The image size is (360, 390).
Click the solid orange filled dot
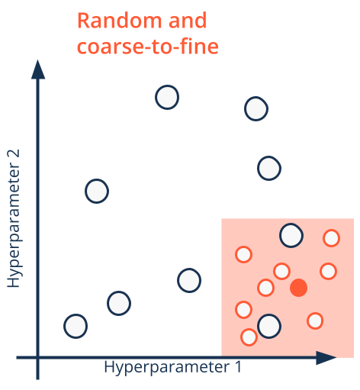pyautogui.click(x=299, y=288)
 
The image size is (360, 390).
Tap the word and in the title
pyautogui.click(x=188, y=21)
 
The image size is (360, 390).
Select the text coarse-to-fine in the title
pyautogui.click(x=148, y=47)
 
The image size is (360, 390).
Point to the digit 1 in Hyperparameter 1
pyautogui.click(x=238, y=367)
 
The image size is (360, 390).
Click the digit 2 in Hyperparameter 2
pyautogui.click(x=13, y=155)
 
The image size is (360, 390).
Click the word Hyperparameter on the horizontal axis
pyautogui.click(x=167, y=367)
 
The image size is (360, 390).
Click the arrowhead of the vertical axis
pyautogui.click(x=38, y=69)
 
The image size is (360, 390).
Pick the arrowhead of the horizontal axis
pyautogui.click(x=326, y=357)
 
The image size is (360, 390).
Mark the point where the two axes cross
pyautogui.click(x=38, y=357)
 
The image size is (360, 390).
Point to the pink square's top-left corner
pyautogui.click(x=222, y=218)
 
